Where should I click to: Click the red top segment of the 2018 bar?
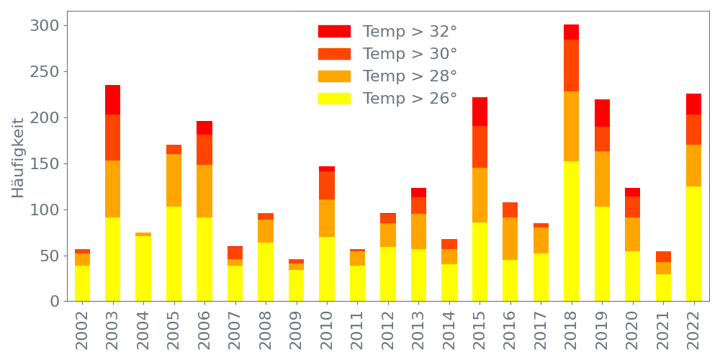pyautogui.click(x=571, y=32)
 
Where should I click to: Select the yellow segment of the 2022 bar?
pyautogui.click(x=693, y=243)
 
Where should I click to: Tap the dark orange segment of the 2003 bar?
pyautogui.click(x=112, y=138)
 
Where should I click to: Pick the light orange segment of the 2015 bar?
pyautogui.click(x=480, y=195)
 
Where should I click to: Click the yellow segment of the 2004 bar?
pyautogui.click(x=143, y=268)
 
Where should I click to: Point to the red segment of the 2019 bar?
pyautogui.click(x=602, y=113)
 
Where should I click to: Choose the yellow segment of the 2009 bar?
pyautogui.click(x=296, y=285)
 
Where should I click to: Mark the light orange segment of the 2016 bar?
pyautogui.click(x=510, y=238)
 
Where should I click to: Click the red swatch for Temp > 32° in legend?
pyautogui.click(x=334, y=32)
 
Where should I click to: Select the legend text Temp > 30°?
pyautogui.click(x=410, y=54)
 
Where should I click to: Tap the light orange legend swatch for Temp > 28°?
pyautogui.click(x=334, y=76)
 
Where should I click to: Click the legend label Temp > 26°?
pyautogui.click(x=410, y=99)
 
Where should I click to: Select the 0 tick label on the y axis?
pyautogui.click(x=55, y=302)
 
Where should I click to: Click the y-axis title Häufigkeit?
pyautogui.click(x=18, y=158)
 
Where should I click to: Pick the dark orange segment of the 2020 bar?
pyautogui.click(x=632, y=207)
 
